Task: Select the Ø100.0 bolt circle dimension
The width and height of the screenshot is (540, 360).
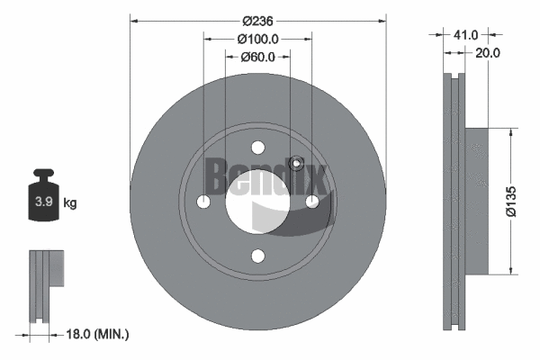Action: (257, 39)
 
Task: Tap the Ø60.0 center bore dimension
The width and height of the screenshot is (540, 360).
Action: (257, 58)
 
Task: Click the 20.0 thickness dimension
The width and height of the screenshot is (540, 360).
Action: (488, 52)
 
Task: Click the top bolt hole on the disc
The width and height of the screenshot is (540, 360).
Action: (257, 148)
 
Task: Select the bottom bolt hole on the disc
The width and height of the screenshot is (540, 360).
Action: (257, 256)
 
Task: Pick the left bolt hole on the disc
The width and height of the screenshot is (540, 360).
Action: (203, 202)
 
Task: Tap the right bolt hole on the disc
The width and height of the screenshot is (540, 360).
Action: (312, 202)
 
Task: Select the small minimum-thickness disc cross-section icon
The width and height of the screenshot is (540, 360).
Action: (47, 284)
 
